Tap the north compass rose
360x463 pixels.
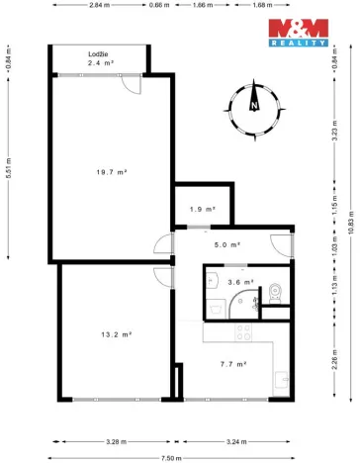click(x=255, y=104)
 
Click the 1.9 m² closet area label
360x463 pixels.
click(x=197, y=209)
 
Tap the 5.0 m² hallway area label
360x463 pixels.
click(x=227, y=245)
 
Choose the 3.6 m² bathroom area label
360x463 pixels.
click(x=240, y=282)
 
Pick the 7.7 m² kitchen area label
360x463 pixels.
click(x=232, y=363)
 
